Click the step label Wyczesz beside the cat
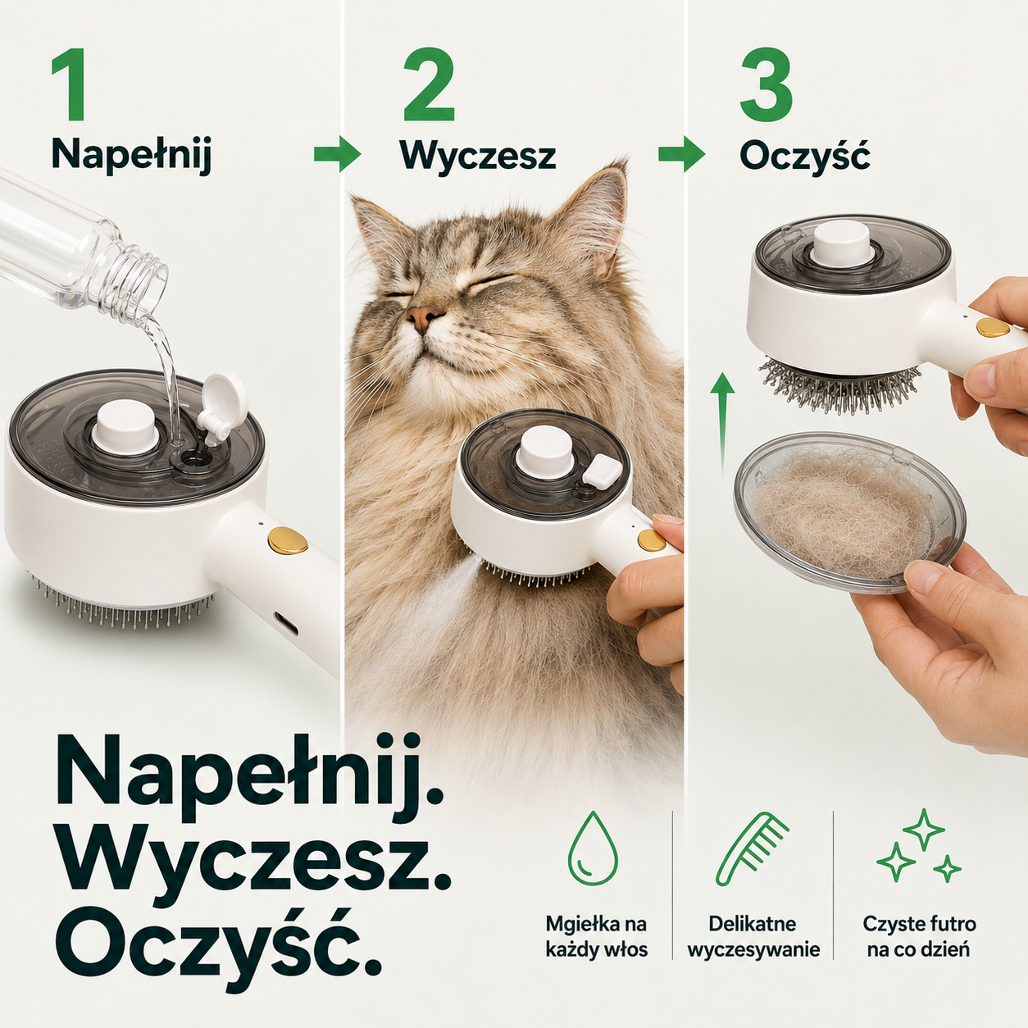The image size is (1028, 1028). click(478, 157)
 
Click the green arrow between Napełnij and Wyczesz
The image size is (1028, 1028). click(337, 154)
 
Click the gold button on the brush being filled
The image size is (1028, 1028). click(288, 539)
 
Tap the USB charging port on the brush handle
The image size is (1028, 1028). click(286, 622)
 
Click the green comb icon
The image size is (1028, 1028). click(752, 848)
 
